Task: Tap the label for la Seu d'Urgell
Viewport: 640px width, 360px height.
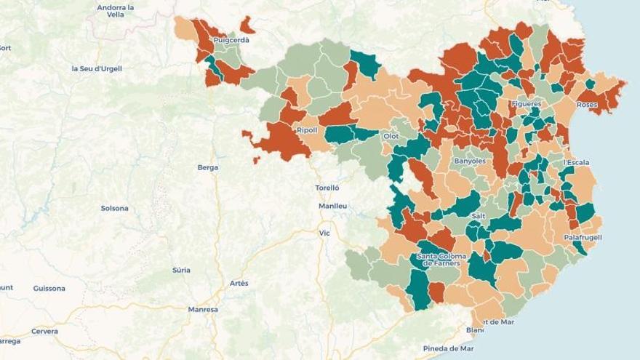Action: click(x=97, y=68)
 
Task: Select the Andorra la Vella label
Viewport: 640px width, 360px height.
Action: click(x=116, y=11)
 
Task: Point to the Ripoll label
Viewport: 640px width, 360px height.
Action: click(x=307, y=130)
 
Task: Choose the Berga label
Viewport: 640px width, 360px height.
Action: click(x=207, y=167)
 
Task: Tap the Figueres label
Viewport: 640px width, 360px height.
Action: click(x=527, y=104)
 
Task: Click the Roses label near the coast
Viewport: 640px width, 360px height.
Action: click(x=587, y=105)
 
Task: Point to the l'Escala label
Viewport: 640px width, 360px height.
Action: click(x=576, y=162)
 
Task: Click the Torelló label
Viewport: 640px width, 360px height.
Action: click(x=327, y=188)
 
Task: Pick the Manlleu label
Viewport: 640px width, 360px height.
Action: click(x=332, y=206)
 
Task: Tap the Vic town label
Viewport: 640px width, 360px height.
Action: click(x=324, y=233)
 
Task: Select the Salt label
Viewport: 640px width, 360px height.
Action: click(x=479, y=216)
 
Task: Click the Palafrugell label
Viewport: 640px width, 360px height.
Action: click(x=583, y=237)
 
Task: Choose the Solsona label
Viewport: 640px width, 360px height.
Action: click(x=114, y=208)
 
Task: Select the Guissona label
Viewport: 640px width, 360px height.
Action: click(x=49, y=288)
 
